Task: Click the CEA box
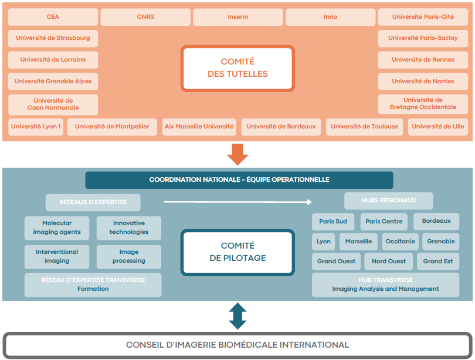point(53,17)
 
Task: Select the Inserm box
point(238,17)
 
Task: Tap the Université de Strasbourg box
point(53,38)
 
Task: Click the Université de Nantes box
point(423,81)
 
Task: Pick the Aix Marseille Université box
point(199,126)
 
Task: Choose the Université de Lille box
point(438,126)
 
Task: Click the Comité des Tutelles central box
point(238,68)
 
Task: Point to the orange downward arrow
point(238,153)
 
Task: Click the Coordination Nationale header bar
point(239,179)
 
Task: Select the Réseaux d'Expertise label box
point(93,202)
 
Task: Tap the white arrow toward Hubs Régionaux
point(238,202)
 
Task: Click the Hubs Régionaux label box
point(388,201)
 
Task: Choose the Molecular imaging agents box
point(57,227)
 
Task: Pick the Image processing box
point(129,256)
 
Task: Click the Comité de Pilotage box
point(238,252)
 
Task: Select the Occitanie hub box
point(400,241)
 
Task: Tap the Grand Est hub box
point(437,261)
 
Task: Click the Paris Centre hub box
point(384,221)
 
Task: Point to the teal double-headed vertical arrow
point(238,316)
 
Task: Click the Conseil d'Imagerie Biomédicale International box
point(238,345)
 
